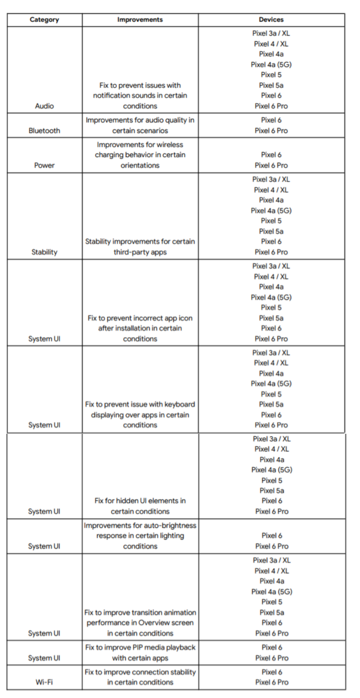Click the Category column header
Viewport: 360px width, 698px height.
coord(44,20)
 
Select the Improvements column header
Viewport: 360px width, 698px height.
coord(140,20)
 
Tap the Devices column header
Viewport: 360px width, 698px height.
coord(271,20)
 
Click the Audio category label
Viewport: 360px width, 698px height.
coord(44,106)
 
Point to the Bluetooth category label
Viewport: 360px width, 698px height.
coord(44,130)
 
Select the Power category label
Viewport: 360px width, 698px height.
coord(44,165)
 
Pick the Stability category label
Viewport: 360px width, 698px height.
coord(44,252)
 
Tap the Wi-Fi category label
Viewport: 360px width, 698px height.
coord(44,682)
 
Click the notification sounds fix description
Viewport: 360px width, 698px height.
coord(140,96)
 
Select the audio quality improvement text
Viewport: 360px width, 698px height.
coord(140,125)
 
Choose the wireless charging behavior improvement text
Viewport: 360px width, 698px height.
coord(140,155)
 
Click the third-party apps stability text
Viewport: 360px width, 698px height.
coord(140,247)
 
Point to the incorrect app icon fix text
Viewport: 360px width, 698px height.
coord(140,328)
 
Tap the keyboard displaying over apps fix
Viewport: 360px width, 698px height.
coord(140,415)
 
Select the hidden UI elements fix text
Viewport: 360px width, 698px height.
coord(140,506)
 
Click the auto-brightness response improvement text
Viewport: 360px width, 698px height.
coord(140,536)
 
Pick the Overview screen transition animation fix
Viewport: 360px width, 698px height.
coord(140,623)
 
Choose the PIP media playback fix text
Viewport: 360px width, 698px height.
coord(140,652)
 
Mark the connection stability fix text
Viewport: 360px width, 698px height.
coord(140,677)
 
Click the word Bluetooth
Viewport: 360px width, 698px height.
coord(44,130)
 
